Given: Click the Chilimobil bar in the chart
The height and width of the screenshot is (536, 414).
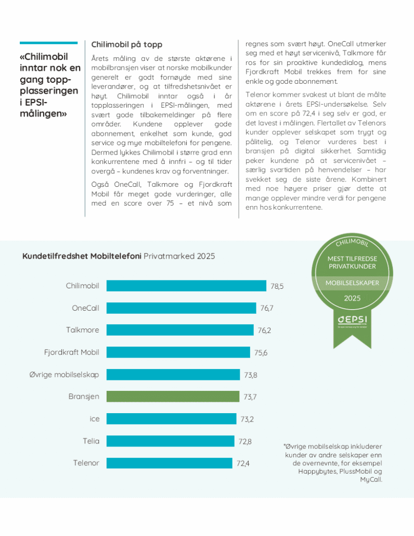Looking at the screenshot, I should [x=186, y=286].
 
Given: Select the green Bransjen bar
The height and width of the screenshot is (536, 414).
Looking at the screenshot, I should [x=173, y=397].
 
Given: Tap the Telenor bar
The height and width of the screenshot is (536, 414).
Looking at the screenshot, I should [x=169, y=463].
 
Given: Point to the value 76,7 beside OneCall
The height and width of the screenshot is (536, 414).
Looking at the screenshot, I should [x=267, y=308].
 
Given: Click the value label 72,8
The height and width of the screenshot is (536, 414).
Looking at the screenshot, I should [x=245, y=441].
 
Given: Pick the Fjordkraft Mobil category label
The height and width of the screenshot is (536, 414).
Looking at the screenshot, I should [x=71, y=352].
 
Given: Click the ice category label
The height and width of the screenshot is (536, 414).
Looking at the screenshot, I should [x=94, y=418].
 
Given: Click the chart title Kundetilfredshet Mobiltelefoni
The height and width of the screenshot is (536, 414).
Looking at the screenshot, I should [x=82, y=256].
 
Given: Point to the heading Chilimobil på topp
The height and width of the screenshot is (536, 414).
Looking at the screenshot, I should [x=126, y=45].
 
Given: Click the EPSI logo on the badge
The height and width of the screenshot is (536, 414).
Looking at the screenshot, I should [x=344, y=318].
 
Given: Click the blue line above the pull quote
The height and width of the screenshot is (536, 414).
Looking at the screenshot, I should [x=50, y=43].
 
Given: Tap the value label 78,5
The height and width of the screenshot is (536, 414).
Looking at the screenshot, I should [x=277, y=286].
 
